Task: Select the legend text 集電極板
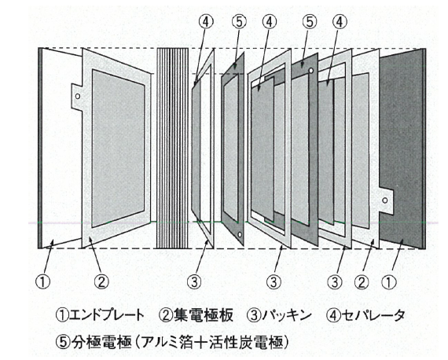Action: [203, 315]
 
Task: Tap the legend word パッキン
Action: [287, 315]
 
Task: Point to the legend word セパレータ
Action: [373, 315]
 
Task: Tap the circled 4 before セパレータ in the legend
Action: [333, 315]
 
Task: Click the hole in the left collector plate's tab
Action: [78, 96]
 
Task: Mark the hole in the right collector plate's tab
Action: [385, 200]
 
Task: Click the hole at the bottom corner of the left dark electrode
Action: [240, 235]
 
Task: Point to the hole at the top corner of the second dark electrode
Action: [311, 70]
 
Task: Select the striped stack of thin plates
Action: [173, 148]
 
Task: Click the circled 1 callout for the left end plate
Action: [42, 281]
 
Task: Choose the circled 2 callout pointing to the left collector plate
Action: [101, 281]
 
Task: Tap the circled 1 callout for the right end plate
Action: [389, 282]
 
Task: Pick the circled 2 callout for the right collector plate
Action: [362, 282]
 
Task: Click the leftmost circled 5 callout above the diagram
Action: [239, 22]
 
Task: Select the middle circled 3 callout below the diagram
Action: [274, 282]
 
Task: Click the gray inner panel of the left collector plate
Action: [118, 148]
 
